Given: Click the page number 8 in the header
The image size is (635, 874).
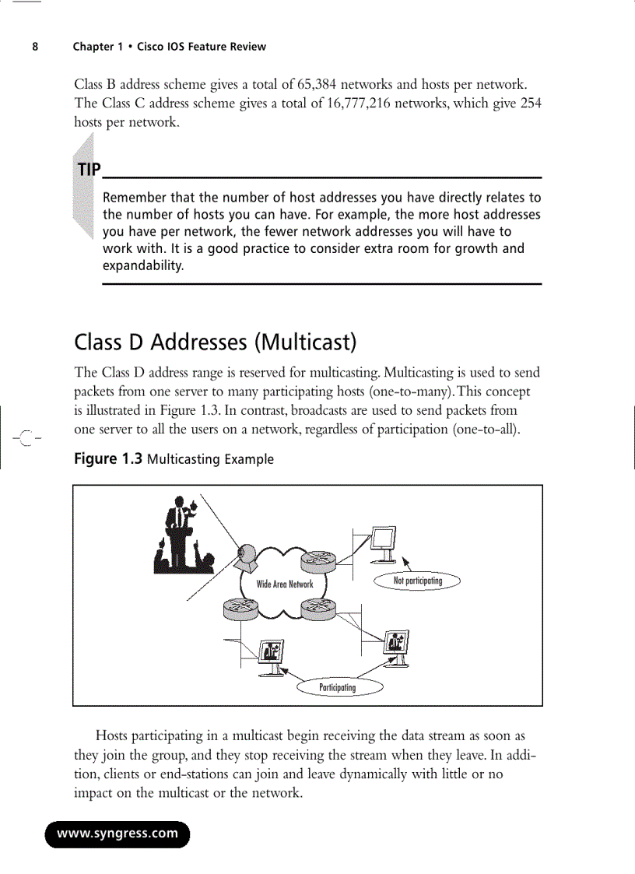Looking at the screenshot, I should click(x=35, y=47).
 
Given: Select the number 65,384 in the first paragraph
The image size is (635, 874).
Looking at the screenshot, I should click(x=311, y=84).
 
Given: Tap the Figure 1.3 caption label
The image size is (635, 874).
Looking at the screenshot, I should click(x=107, y=458).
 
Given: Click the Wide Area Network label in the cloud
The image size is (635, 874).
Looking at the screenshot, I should click(x=285, y=584).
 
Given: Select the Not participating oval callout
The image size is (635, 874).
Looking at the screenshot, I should click(x=417, y=581).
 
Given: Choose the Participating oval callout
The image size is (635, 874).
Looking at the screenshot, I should click(x=337, y=687).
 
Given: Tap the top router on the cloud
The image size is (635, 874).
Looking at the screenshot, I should click(x=317, y=560).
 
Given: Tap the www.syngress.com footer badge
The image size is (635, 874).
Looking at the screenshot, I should click(x=118, y=834).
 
